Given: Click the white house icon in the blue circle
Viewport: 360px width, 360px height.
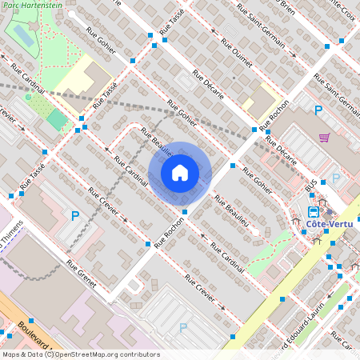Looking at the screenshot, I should pos(180,172).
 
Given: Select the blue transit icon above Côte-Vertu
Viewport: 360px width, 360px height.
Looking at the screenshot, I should pos(314,212).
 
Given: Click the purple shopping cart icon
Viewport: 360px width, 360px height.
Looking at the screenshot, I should pos(325,138).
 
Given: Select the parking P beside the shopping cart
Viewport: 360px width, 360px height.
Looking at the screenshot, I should pos(318,110).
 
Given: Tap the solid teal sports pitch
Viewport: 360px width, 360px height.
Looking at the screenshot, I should pos(57,121).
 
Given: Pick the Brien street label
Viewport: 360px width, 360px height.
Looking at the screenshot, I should pos(286,4).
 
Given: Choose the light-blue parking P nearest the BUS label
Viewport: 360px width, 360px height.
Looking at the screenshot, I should pos(336,178).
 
